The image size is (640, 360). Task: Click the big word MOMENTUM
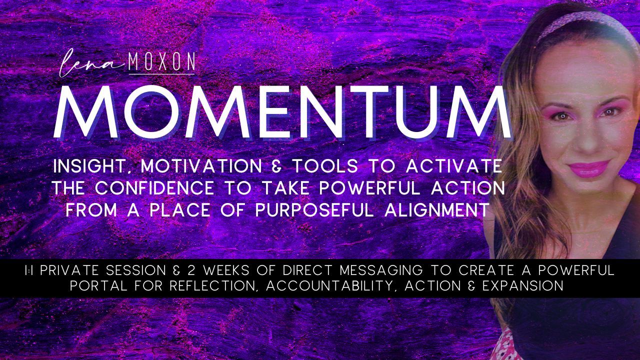click(x=282, y=111)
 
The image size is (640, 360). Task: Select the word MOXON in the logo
click(x=161, y=61)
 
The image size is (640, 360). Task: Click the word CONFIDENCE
click(x=154, y=188)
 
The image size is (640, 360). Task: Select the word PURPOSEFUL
click(x=314, y=210)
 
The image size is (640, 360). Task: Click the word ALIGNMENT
click(x=436, y=210)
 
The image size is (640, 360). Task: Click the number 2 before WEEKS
click(x=192, y=270)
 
